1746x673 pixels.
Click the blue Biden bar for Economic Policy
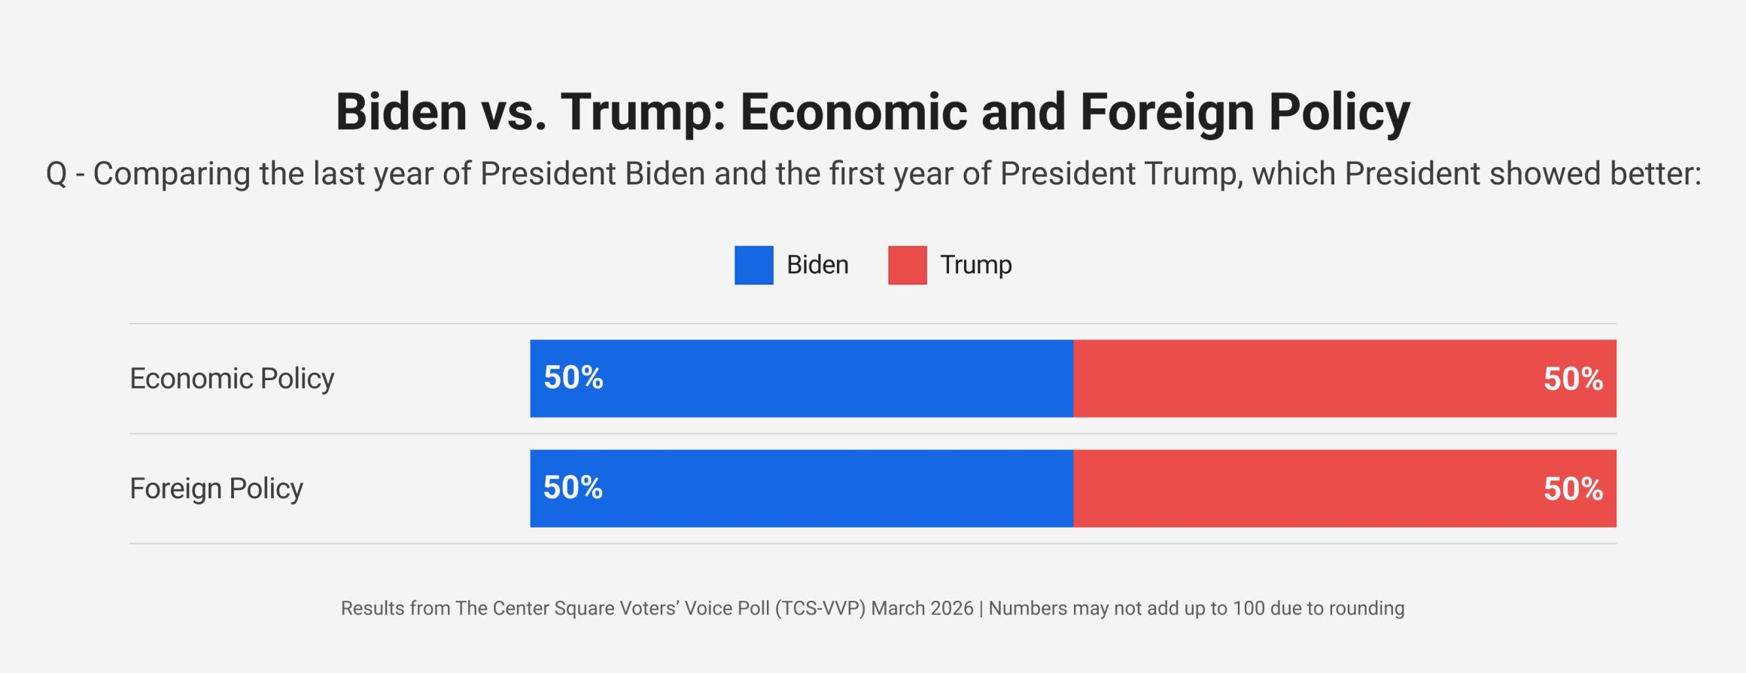point(802,379)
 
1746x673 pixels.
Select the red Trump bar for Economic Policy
point(1344,379)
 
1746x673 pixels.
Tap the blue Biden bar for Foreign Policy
point(802,489)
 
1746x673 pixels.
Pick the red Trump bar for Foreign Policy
point(1344,489)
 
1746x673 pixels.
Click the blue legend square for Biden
point(753,265)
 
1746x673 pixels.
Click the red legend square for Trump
point(907,265)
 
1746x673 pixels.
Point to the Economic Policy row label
point(232,379)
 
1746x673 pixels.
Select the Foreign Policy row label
point(216,489)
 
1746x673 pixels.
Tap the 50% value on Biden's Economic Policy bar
point(573,378)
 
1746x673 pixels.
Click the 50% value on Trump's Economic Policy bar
point(1573,379)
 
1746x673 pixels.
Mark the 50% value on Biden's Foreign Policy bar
point(573,488)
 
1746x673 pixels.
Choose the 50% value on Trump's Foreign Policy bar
point(1573,489)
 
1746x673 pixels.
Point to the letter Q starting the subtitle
point(56,174)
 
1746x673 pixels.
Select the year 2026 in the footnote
point(951,608)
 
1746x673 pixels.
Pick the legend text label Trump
point(975,265)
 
